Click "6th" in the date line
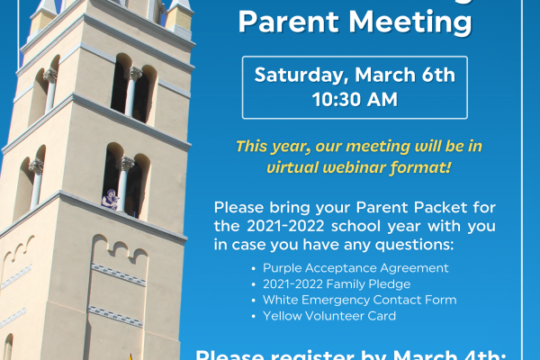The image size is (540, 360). pos(437,75)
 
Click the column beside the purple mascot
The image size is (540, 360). pos(124,184)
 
